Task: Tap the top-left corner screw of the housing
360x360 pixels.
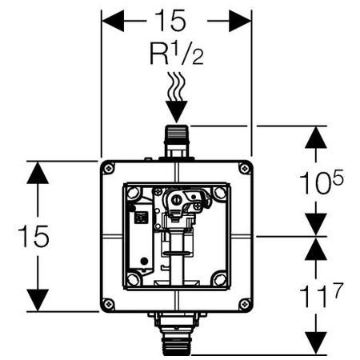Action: (x=107, y=168)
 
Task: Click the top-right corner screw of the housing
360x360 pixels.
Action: (x=246, y=168)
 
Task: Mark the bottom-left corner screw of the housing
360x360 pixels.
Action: (x=107, y=305)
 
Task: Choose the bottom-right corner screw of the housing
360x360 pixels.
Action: (x=246, y=305)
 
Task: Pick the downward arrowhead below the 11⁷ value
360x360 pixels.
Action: (x=318, y=344)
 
